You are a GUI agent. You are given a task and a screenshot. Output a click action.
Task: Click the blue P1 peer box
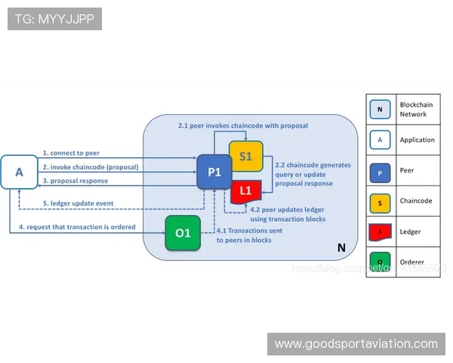coord(214,172)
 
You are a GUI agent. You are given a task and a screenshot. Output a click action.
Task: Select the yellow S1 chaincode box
coord(245,156)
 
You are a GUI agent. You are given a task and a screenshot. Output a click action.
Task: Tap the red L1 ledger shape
coord(245,190)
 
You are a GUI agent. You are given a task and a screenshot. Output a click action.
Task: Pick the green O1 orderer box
coord(183,232)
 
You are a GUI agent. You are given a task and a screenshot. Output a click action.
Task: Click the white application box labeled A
coord(20,172)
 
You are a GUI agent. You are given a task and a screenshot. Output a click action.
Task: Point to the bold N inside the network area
coord(341,247)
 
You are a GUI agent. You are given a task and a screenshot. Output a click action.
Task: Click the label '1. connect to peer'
coord(71,153)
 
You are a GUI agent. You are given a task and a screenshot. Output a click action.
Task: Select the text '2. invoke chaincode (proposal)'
coord(91,166)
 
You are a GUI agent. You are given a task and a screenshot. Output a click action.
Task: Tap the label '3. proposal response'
coord(75,181)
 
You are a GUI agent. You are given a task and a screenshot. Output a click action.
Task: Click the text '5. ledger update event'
coord(78,203)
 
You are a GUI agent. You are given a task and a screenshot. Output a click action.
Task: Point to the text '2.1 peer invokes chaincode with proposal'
coord(242,125)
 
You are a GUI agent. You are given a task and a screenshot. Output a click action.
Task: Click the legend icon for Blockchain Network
coord(380,109)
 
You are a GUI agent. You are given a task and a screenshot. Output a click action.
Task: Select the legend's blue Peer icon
coord(380,170)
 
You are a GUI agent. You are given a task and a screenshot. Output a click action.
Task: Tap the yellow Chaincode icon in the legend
coord(380,201)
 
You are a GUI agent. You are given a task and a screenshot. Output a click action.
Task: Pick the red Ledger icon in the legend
coord(380,231)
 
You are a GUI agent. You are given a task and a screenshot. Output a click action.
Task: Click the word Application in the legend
coord(417,140)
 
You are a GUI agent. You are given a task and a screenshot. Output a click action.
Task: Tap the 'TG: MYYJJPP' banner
coord(54,19)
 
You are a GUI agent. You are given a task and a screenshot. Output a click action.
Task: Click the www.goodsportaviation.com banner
coord(356,344)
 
